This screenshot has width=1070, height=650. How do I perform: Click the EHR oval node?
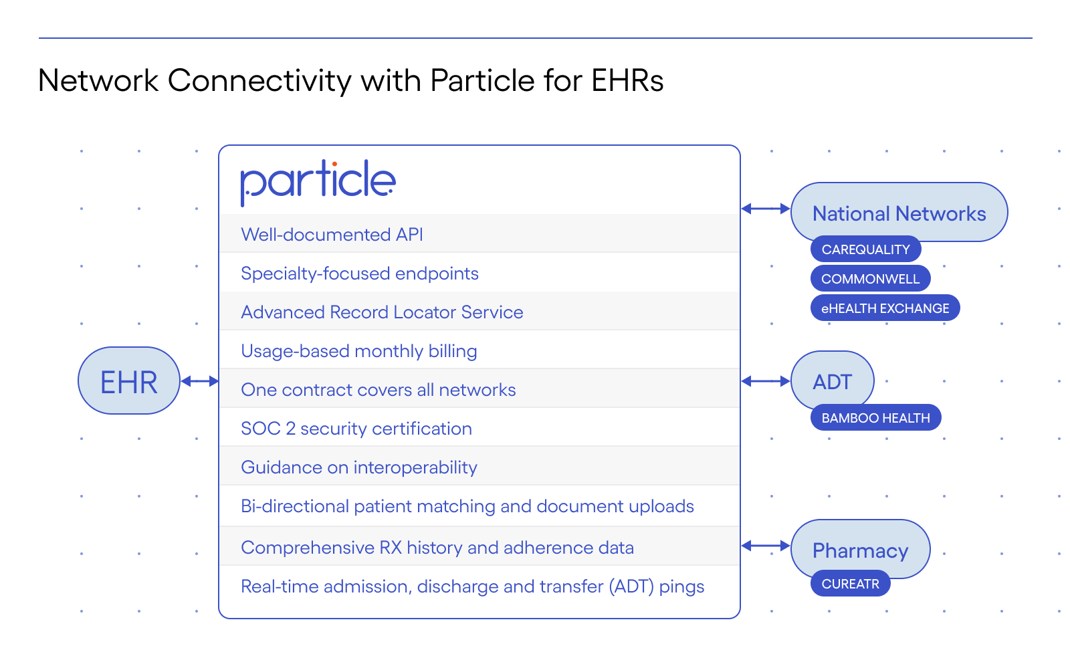pyautogui.click(x=129, y=381)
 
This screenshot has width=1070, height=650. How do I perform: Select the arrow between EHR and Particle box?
pyautogui.click(x=199, y=381)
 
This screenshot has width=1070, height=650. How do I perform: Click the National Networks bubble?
pyautogui.click(x=899, y=213)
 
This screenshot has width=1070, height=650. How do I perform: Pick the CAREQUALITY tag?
pyautogui.click(x=865, y=249)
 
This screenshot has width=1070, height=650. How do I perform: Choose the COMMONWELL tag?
pyautogui.click(x=870, y=279)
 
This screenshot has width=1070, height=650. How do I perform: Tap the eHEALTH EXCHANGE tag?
pyautogui.click(x=885, y=308)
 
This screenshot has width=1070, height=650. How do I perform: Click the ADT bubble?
pyautogui.click(x=832, y=381)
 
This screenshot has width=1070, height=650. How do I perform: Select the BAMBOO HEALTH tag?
pyautogui.click(x=875, y=418)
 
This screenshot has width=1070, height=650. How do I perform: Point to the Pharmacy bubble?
pyautogui.click(x=860, y=550)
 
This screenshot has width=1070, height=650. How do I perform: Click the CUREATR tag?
pyautogui.click(x=850, y=584)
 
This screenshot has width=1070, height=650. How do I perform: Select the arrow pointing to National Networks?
pyautogui.click(x=766, y=209)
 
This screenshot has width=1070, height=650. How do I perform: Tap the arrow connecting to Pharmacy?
pyautogui.click(x=766, y=546)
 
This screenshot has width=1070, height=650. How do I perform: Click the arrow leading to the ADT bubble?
pyautogui.click(x=766, y=381)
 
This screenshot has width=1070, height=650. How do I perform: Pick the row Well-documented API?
pyautogui.click(x=332, y=235)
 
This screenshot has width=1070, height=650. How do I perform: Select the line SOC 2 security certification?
pyautogui.click(x=356, y=429)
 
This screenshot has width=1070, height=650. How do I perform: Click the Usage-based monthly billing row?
pyautogui.click(x=358, y=351)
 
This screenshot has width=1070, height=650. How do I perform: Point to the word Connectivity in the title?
pyautogui.click(x=259, y=81)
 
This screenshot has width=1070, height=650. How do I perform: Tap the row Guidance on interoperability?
pyautogui.click(x=358, y=467)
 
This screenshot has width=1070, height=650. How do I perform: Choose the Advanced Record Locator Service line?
pyautogui.click(x=381, y=312)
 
